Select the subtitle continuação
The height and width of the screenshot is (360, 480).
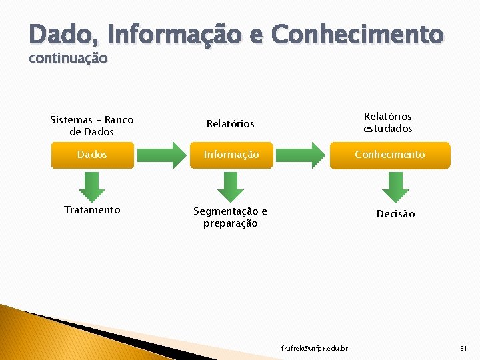coord(68,58)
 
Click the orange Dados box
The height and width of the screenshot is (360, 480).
coord(92,155)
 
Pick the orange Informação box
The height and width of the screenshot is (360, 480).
coord(231,155)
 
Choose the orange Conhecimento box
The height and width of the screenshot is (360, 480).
coord(390,155)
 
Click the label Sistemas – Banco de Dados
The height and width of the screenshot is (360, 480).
coord(92,126)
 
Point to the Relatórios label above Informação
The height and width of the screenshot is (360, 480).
coord(231,124)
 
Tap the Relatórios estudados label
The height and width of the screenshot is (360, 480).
coord(388,123)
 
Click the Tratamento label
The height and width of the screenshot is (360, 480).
coord(92,210)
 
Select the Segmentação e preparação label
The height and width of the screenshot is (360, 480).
coord(231,217)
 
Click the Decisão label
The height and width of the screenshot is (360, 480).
coord(395,214)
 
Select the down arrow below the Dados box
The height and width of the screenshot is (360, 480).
coord(93,186)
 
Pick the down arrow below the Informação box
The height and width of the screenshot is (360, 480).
coord(231,186)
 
